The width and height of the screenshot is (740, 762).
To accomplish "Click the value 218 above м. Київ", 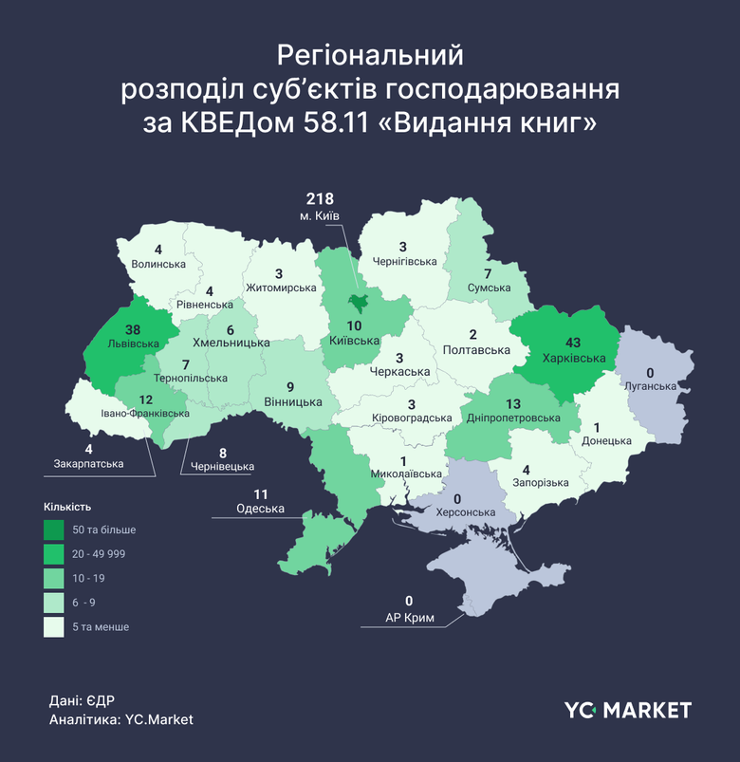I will click(322, 199).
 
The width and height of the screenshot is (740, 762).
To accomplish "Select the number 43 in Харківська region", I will click(574, 343).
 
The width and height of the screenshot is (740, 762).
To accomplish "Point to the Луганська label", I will click(651, 386).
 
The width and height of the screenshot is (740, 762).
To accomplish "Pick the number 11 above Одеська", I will click(261, 494).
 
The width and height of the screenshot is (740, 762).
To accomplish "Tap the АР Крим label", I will click(409, 618).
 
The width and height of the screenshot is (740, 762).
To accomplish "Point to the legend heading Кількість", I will click(67, 507).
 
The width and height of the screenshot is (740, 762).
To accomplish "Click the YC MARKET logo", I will click(627, 710).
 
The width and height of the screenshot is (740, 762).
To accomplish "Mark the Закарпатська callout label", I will click(88, 464).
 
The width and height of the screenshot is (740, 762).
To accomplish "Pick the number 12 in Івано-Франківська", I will click(147, 400).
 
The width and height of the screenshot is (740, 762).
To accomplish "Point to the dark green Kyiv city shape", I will click(359, 303).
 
